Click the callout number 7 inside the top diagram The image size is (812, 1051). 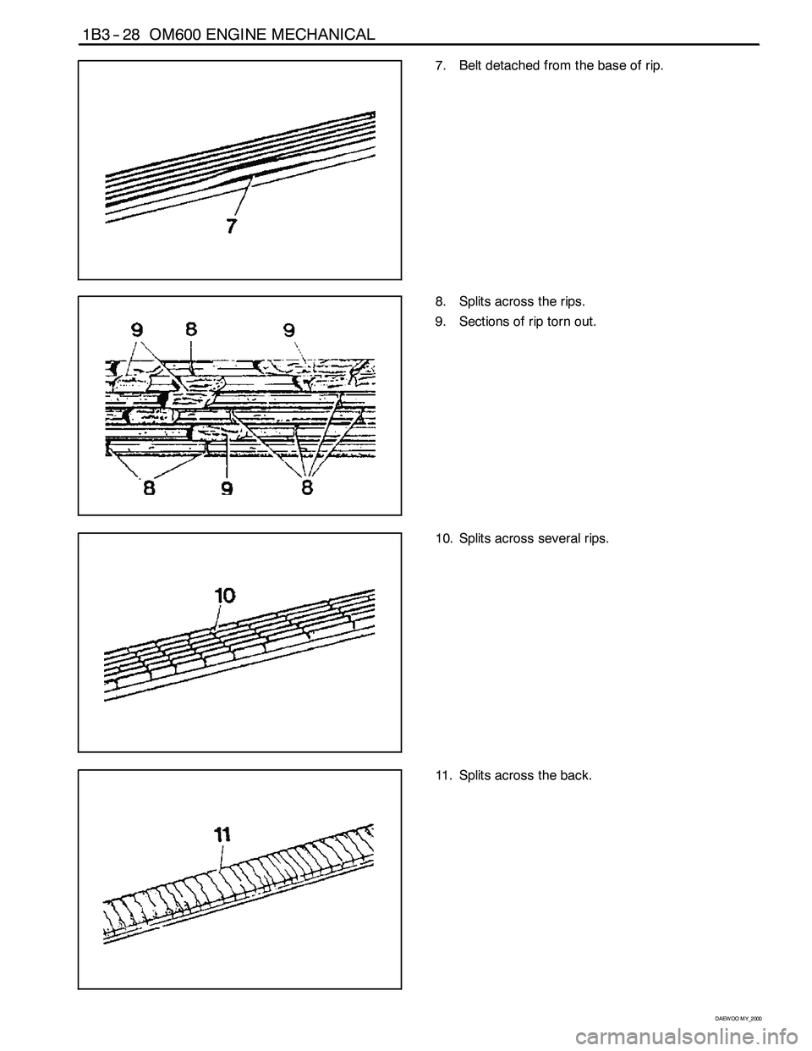click(x=232, y=227)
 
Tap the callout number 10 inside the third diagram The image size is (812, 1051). click(x=224, y=595)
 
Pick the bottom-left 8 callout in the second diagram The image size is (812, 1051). click(x=150, y=488)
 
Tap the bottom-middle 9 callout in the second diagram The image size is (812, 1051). click(x=228, y=488)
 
